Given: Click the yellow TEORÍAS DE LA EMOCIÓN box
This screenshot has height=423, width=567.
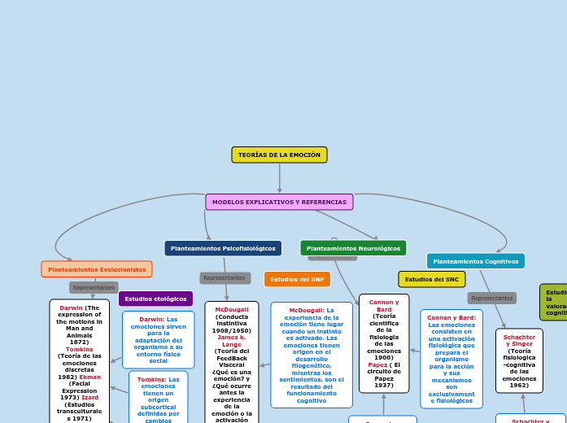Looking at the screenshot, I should tap(279, 155).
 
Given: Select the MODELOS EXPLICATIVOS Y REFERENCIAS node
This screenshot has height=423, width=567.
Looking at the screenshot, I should tap(279, 202).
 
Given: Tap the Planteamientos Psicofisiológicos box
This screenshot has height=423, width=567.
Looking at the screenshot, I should tap(223, 248).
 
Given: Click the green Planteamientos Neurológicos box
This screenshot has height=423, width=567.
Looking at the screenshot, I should tap(353, 248).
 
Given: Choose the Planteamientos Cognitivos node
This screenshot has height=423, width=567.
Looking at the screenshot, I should tap(475, 261).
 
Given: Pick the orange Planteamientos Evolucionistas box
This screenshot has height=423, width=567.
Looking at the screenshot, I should tap(97, 269).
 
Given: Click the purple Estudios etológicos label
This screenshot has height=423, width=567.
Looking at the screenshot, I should tap(155, 299).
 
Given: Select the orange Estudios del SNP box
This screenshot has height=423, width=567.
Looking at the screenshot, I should tap(297, 279).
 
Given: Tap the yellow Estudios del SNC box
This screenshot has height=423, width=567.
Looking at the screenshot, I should tap(431, 279).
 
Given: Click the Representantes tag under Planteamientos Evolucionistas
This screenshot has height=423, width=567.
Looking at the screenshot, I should tap(94, 287).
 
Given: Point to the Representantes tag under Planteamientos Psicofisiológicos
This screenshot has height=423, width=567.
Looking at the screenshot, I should tap(225, 278).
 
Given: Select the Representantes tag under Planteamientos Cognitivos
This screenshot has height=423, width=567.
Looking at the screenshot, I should tap(491, 298).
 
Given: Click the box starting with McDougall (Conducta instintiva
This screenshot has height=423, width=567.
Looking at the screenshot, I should tap(232, 362).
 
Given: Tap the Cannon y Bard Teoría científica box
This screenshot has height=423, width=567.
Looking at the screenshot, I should tap(384, 343).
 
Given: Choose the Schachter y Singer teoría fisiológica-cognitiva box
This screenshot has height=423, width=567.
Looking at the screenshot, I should tap(519, 360).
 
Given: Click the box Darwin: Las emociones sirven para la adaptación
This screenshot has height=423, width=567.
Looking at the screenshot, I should tap(159, 339).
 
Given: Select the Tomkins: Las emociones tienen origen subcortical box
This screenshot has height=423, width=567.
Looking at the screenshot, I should tap(158, 396).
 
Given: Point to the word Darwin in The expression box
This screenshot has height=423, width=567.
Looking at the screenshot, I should tap(71, 308).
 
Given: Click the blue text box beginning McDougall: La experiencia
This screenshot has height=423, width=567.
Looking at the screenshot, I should tap(312, 355).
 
